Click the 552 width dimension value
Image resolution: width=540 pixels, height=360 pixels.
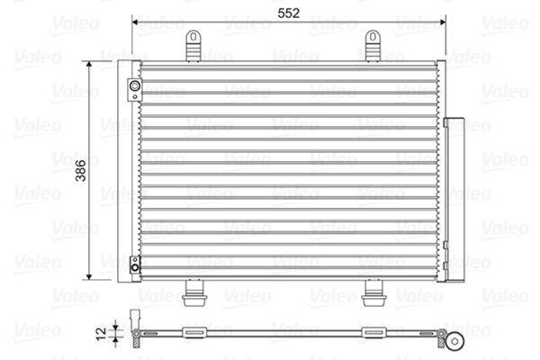[x=288, y=13]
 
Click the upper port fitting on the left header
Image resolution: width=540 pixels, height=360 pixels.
[x=134, y=87]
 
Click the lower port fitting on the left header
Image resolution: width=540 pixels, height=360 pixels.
[x=134, y=264]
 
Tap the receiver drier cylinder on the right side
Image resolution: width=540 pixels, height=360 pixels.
[x=453, y=198]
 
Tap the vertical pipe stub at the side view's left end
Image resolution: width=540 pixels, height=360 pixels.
[x=136, y=321]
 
